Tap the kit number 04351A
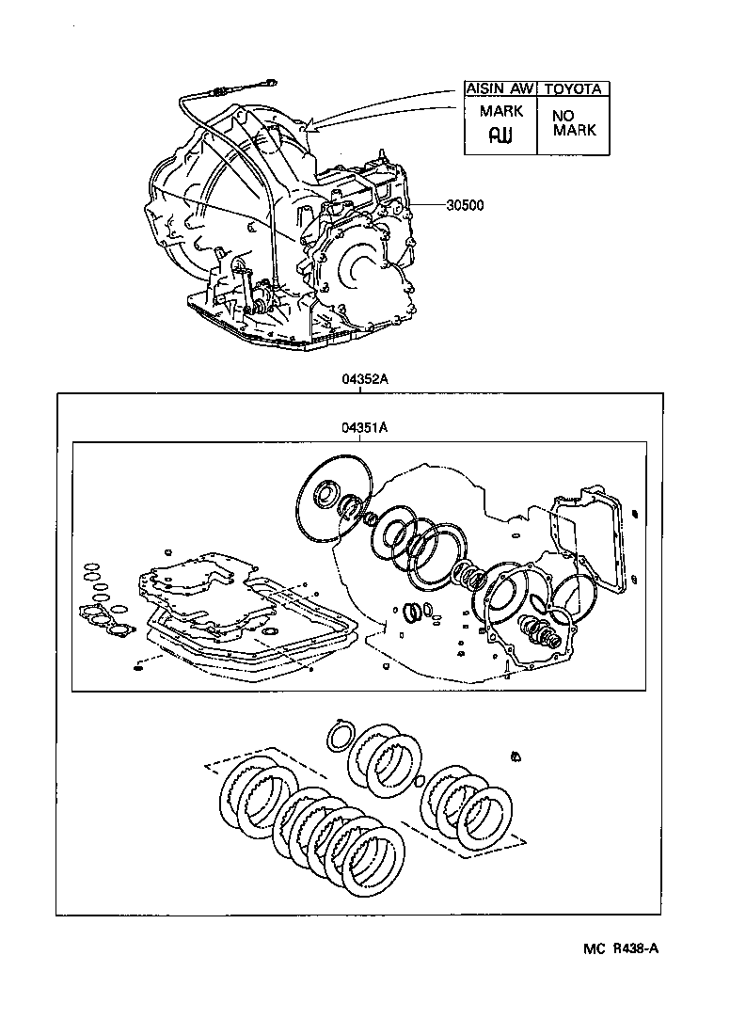point(365,427)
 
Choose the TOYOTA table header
point(573,89)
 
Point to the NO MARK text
point(574,123)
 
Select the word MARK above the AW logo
point(500,111)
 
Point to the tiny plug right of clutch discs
point(516,756)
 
